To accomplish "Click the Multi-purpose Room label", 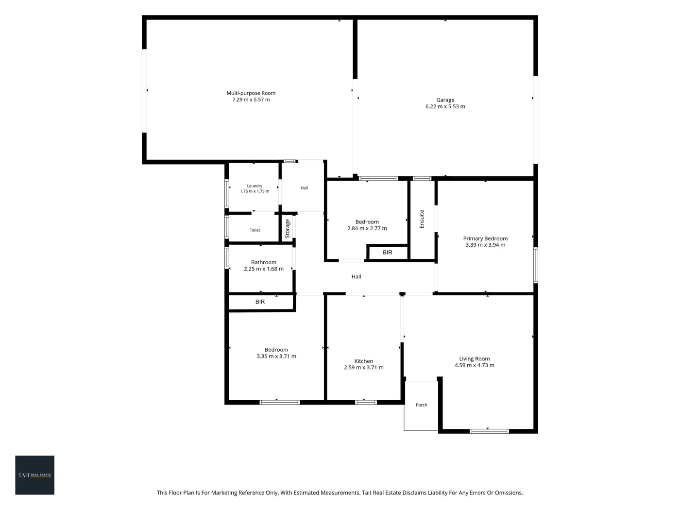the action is (251, 93).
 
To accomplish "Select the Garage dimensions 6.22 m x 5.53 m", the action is (445, 106).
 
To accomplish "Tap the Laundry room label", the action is (255, 186).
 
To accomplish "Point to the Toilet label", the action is (255, 230).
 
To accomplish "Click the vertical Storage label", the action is (287, 228).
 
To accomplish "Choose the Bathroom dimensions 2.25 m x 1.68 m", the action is (263, 269).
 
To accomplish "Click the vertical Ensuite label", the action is (421, 219).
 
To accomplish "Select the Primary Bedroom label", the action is (485, 238).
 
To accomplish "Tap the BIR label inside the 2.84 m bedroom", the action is (387, 252).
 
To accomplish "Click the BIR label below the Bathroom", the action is (260, 301).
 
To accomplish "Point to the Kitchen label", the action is (363, 361).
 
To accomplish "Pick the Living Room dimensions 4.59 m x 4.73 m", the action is (474, 365).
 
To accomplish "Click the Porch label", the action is (421, 405).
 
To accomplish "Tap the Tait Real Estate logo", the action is (34, 475).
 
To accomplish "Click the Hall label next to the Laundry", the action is (304, 187).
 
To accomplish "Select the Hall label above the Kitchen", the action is (356, 276).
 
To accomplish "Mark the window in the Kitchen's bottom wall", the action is (366, 402).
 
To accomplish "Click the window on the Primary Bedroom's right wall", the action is (535, 265).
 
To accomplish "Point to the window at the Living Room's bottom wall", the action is (489, 431).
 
